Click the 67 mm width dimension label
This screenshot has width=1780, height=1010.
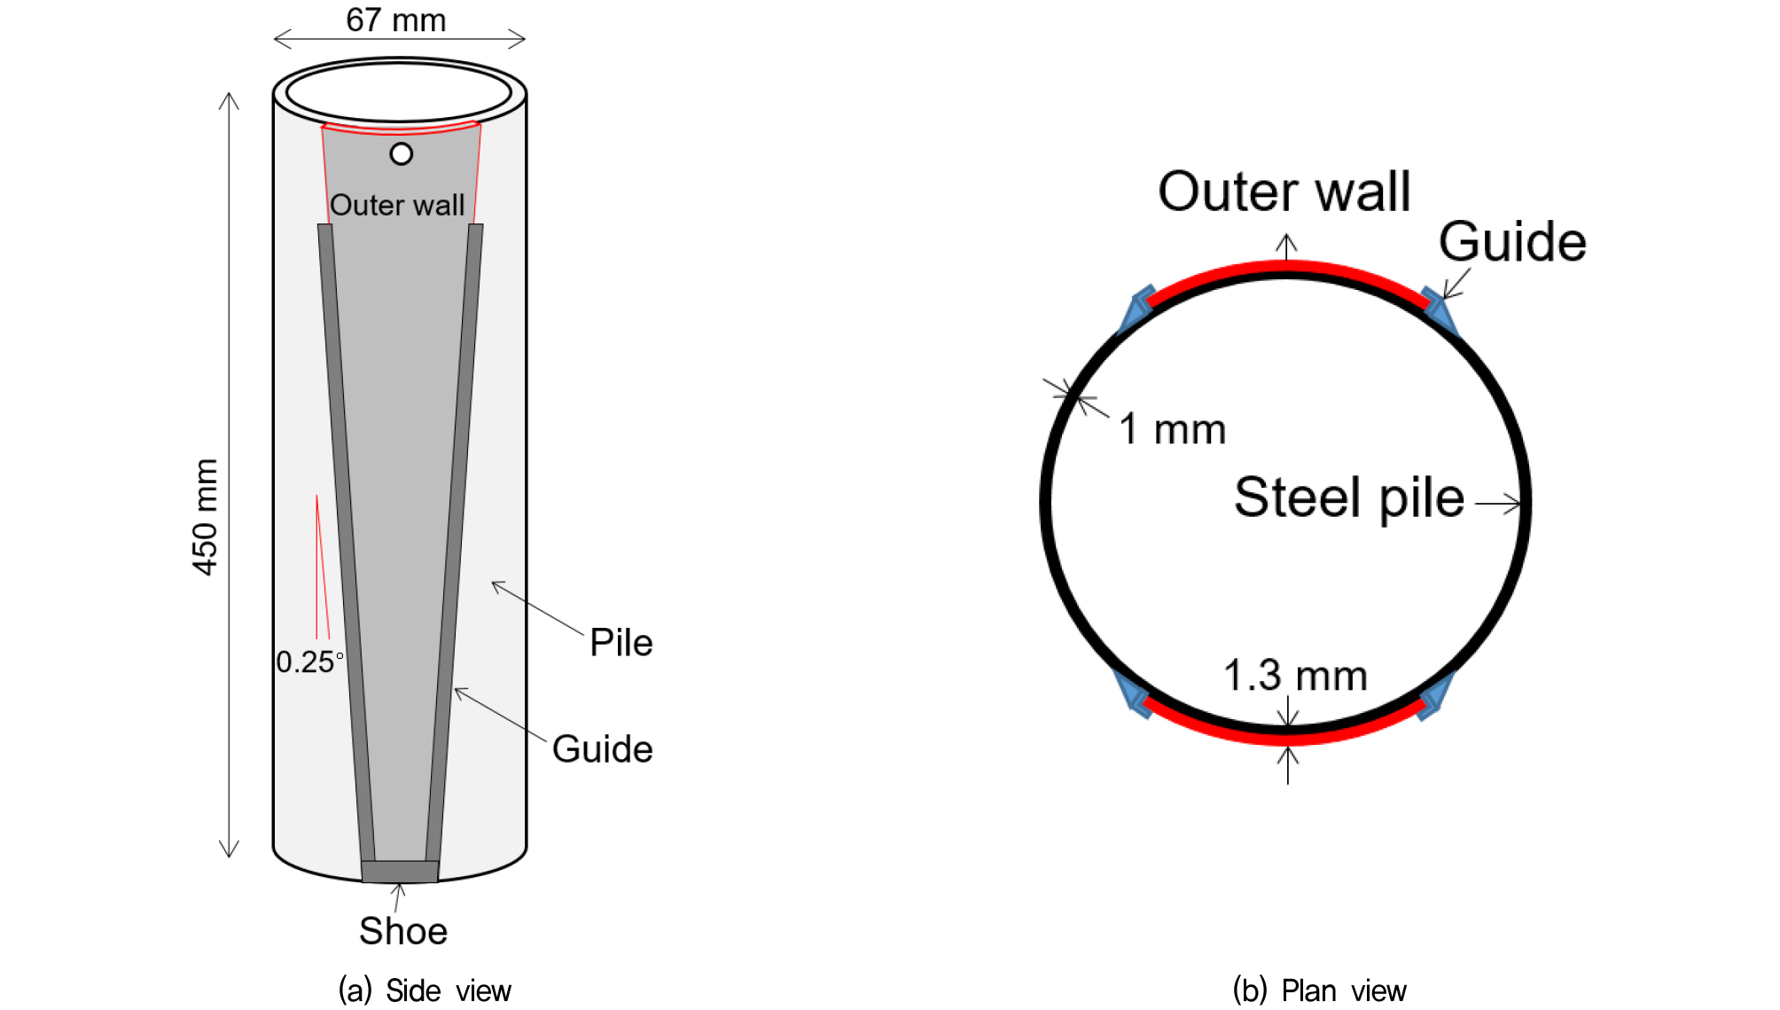pos(395,20)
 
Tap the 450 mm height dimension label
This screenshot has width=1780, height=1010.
pos(205,517)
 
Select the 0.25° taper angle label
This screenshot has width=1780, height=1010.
pos(309,662)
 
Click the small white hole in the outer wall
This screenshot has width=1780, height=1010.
pos(402,154)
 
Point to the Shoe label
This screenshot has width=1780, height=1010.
pos(403,931)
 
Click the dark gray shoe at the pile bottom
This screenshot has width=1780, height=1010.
pos(400,872)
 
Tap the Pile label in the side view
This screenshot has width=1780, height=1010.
pos(621,643)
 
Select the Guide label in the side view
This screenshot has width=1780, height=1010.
pos(603,749)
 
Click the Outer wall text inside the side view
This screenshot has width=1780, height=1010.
pos(397,205)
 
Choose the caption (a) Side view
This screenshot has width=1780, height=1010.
pos(425,990)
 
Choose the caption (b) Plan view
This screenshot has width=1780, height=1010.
pos(1319,990)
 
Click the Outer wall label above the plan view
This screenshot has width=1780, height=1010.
pos(1284,192)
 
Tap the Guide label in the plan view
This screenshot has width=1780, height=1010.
pos(1512,241)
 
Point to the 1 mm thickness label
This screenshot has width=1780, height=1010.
pos(1173,429)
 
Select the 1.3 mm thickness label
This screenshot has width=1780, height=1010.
pos(1295,676)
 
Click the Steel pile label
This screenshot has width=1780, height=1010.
pos(1349,497)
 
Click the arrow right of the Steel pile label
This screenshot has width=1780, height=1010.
pos(1498,504)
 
